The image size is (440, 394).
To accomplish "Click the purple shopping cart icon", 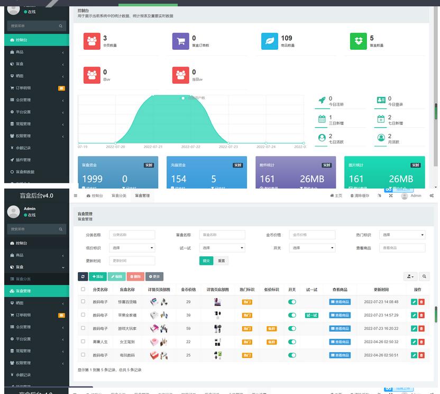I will (180, 41).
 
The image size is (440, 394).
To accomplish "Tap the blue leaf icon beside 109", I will (269, 41).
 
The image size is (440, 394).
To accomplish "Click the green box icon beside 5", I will (358, 41).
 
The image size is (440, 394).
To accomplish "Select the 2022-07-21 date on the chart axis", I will (153, 147).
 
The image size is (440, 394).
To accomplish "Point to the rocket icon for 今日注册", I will (322, 100).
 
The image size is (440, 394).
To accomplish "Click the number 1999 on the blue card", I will (93, 179).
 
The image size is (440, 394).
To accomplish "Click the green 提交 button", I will (206, 261).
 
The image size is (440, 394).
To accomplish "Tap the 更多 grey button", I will (154, 276).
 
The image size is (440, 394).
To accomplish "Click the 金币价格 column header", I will (189, 290).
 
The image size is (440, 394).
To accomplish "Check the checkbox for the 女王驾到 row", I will (82, 342).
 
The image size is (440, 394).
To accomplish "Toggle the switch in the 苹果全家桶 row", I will (292, 315).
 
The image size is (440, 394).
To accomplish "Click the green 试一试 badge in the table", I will (312, 315).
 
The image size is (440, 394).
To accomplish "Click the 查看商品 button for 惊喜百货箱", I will (340, 302).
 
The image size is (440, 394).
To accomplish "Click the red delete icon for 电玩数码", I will (421, 355).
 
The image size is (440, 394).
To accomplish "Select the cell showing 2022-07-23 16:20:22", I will (381, 328).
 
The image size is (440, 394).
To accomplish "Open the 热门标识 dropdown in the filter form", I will (403, 235).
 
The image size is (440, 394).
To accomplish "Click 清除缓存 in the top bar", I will (360, 195).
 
